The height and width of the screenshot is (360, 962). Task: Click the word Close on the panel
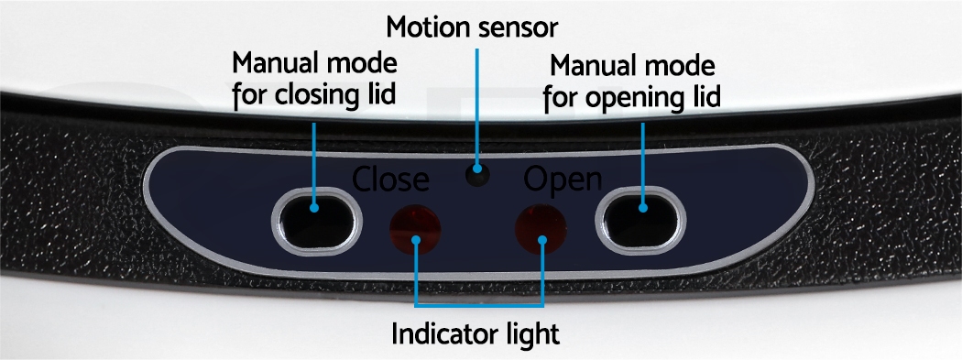tap(390, 179)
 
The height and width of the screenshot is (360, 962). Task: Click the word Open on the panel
tap(563, 180)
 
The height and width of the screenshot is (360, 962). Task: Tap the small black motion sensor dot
tap(477, 175)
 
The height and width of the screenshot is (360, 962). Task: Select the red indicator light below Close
tap(415, 229)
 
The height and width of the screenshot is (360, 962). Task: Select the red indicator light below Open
tap(541, 229)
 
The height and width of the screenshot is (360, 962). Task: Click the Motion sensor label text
tap(473, 27)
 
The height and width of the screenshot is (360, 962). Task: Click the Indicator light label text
tap(476, 334)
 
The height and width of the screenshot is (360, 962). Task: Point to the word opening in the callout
tap(637, 99)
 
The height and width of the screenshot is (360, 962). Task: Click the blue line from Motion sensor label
tap(476, 106)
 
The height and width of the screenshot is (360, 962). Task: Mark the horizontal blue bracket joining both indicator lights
tap(478, 304)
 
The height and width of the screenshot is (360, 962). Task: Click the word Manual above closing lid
tap(275, 63)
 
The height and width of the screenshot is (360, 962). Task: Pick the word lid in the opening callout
tap(705, 96)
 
